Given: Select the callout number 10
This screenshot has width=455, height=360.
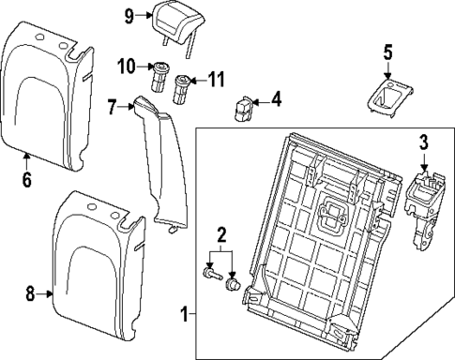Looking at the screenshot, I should [x=127, y=66].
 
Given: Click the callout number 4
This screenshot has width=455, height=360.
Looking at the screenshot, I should [x=276, y=97].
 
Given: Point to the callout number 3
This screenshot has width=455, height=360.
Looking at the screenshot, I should [x=423, y=142].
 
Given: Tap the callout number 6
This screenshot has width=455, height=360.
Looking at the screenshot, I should [x=26, y=178].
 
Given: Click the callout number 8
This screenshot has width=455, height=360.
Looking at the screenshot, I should [x=30, y=293].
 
